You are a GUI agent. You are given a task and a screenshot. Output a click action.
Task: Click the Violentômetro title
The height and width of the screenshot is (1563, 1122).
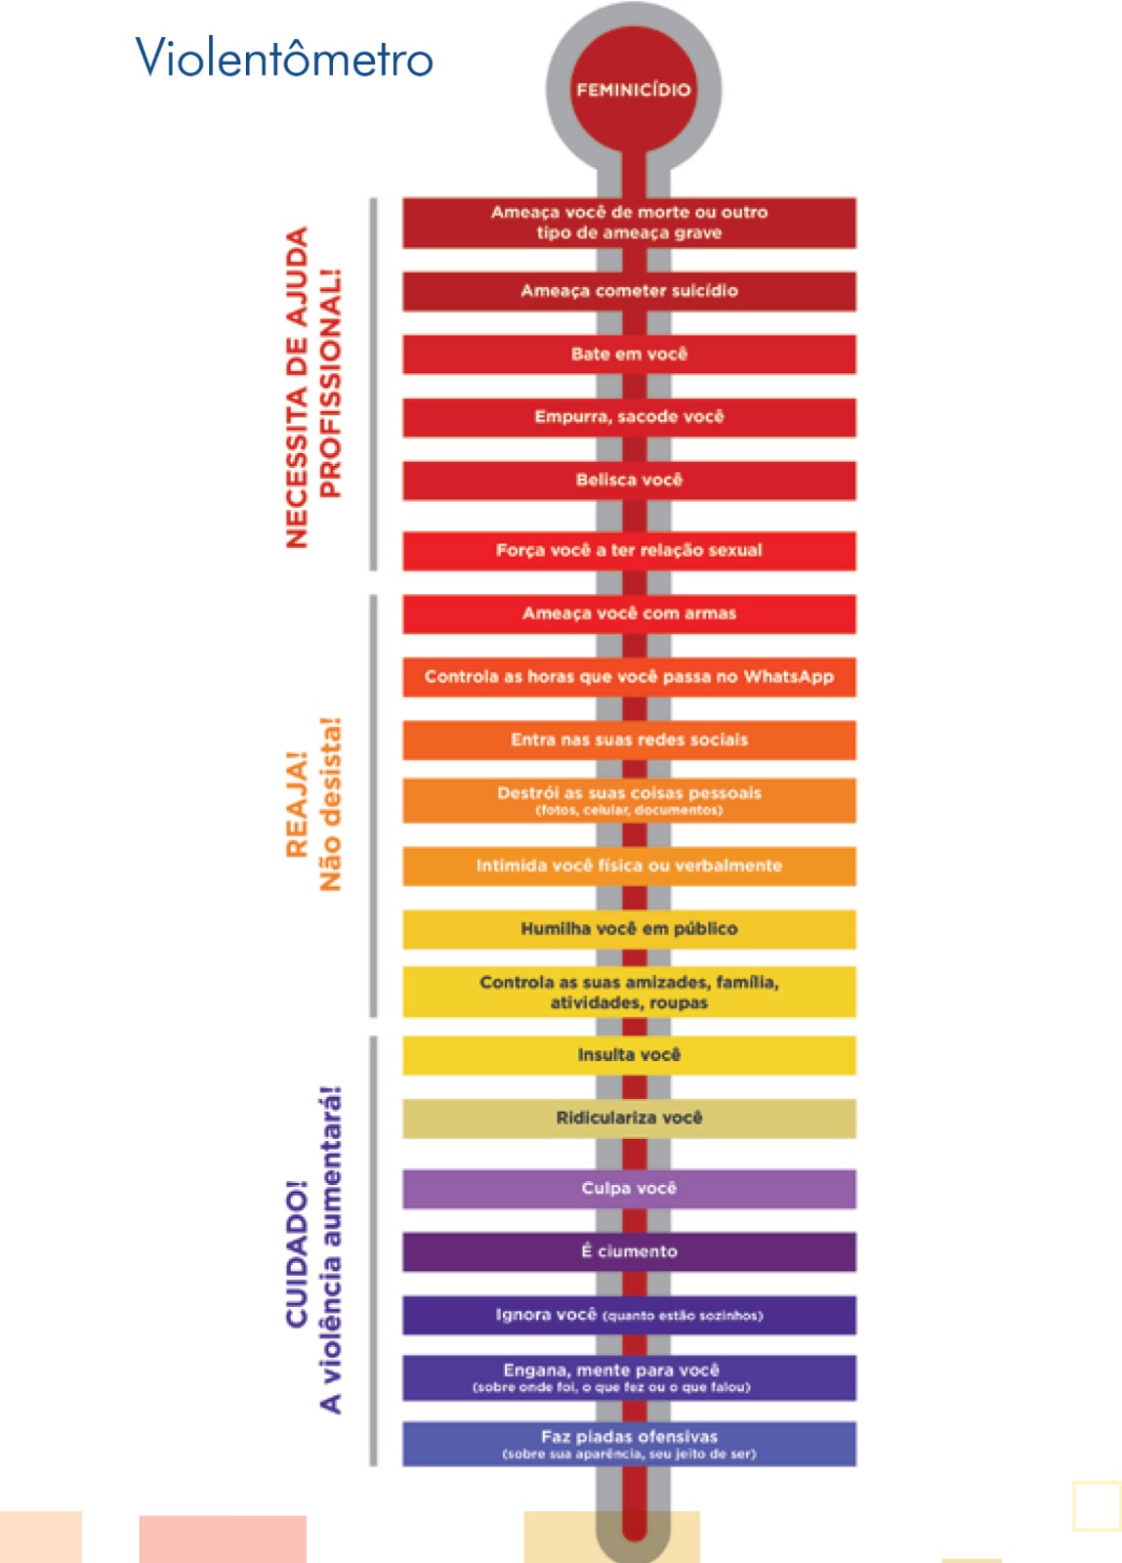coord(284,59)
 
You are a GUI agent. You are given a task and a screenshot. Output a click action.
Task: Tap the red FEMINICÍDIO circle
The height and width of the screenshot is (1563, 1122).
coord(633,89)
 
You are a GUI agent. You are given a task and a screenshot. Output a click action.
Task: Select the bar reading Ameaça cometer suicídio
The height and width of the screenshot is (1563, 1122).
coord(629,291)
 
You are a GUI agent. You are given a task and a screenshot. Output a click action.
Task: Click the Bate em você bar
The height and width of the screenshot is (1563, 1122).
coord(629,355)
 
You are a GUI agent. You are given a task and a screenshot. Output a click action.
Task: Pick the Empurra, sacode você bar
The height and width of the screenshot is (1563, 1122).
coord(629,417)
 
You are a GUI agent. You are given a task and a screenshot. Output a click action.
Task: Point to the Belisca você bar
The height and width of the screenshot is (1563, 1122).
coord(629,481)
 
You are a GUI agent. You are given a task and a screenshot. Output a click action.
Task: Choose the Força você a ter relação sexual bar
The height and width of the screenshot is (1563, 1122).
coord(629,551)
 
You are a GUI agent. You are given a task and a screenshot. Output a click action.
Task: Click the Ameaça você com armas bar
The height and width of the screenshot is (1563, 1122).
coord(629,613)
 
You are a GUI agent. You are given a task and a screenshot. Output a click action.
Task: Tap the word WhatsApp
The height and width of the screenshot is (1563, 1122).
coord(789,677)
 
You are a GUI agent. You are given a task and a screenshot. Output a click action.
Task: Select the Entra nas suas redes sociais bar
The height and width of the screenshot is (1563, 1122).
coord(629,740)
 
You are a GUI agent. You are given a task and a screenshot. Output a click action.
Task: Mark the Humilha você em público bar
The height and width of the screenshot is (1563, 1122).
coord(629,929)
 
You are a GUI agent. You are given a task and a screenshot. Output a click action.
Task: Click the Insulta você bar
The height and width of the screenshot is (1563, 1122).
coord(629,1055)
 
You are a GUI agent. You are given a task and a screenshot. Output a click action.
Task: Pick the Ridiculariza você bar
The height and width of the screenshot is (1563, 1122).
coord(629,1119)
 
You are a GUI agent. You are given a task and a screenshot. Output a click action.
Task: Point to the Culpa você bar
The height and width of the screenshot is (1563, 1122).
coord(629,1189)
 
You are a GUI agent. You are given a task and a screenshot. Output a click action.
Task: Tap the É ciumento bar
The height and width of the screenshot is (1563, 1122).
coord(629,1252)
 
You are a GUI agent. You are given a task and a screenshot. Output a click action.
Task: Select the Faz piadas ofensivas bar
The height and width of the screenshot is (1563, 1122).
coord(629,1444)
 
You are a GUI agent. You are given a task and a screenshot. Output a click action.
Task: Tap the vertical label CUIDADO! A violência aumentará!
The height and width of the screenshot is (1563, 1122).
coord(312,1250)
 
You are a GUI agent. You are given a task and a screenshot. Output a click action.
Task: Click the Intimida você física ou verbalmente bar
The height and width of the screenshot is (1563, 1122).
coord(629,866)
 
